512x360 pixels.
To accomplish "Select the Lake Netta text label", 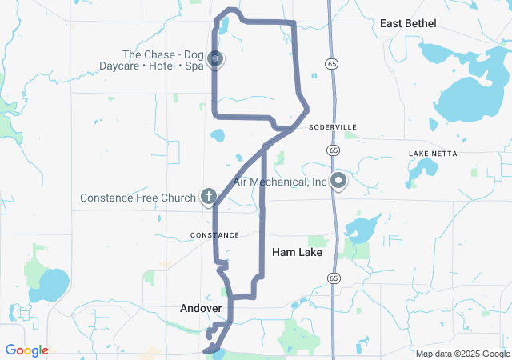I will pos(430,153).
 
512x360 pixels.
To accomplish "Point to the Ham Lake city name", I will pos(297,252).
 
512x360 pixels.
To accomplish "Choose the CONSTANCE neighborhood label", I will pos(214,235).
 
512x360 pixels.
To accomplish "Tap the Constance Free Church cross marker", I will pos(209,196).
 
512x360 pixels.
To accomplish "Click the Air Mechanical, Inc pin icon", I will pos(338,181).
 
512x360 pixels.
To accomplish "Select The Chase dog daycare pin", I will pos(215,58).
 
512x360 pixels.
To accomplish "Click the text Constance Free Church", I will pos(138,198).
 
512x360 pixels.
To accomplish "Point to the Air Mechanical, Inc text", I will pos(280,182).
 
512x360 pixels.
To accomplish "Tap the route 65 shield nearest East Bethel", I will pos(330,62).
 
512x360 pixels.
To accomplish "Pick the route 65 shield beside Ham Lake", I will pos(332,276).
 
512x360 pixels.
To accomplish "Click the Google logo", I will pos(26,350).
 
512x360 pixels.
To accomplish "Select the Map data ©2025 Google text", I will pos(462,354).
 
